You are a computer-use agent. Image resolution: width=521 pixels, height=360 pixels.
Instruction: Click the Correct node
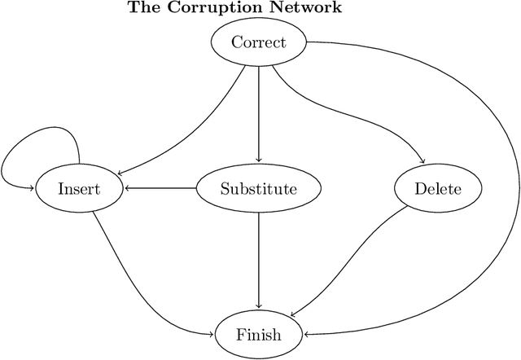[x=259, y=42]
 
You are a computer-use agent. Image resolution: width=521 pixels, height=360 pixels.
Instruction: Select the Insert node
[x=79, y=190]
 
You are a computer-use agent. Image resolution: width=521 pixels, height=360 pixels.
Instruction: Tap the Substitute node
[x=259, y=190]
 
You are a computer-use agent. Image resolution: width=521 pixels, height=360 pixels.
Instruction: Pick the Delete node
[x=438, y=190]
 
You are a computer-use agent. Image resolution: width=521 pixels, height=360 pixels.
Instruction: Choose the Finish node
[x=259, y=334]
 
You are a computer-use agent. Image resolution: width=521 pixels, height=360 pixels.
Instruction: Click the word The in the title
[x=142, y=9]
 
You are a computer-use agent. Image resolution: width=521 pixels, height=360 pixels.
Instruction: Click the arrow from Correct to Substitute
[x=259, y=114]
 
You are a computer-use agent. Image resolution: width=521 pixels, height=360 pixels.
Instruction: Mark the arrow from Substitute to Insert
[x=163, y=190]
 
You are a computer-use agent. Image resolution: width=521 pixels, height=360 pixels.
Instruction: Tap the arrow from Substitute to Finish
[x=259, y=261]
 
